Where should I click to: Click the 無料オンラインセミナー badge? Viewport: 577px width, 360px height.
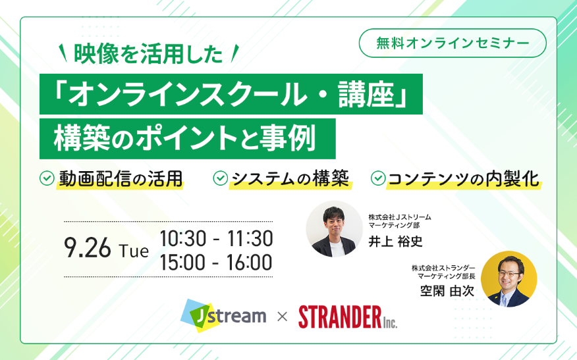[x=453, y=43]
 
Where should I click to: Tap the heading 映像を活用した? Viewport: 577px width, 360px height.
[x=148, y=54]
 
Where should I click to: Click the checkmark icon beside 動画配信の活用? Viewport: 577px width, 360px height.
[x=47, y=178]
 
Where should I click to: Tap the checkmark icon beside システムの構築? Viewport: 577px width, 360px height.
[x=221, y=178]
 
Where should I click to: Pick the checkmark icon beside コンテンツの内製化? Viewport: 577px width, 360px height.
[x=378, y=178]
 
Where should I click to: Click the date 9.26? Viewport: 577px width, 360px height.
[x=87, y=248]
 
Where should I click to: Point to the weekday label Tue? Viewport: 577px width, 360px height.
[x=134, y=251]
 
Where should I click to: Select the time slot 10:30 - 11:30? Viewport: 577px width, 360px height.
[x=216, y=238]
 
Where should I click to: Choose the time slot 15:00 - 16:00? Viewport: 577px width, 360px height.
[x=216, y=262]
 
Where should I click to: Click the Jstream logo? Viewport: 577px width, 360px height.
[x=223, y=315]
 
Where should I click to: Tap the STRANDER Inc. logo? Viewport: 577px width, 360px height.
[x=348, y=317]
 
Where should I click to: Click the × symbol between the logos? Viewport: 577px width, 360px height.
[x=283, y=317]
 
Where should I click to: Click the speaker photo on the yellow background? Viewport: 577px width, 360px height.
[x=509, y=279]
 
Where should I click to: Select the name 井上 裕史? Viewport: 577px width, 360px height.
[x=396, y=242]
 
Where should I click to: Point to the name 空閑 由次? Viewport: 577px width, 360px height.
[x=447, y=292]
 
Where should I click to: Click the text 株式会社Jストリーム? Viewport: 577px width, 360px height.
[x=400, y=217]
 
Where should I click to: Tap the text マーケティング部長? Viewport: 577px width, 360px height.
[x=446, y=276]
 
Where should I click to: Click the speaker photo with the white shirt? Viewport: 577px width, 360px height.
[x=334, y=229]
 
